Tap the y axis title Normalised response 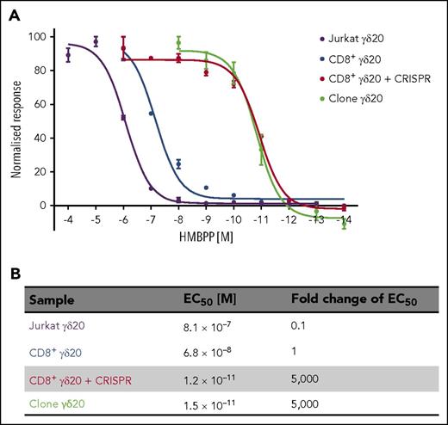(x=17, y=123)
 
